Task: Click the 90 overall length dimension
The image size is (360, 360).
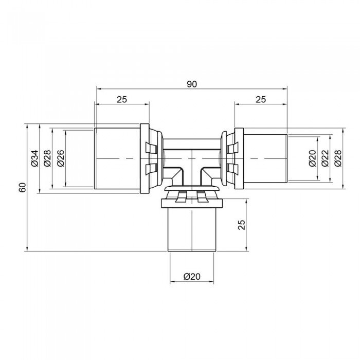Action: [192, 84]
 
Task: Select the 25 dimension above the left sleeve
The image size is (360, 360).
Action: [121, 100]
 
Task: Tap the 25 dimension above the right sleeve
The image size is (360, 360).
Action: [261, 100]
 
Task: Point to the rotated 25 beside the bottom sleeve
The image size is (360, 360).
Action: [242, 225]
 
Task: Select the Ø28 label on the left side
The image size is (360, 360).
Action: [47, 158]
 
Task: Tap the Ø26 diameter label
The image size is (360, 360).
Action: [60, 158]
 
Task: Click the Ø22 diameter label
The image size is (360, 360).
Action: [325, 158]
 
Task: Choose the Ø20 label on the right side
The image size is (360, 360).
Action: [313, 158]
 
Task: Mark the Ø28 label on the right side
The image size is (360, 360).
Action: [338, 158]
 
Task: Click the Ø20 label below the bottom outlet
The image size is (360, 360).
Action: [192, 277]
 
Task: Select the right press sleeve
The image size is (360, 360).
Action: [265, 157]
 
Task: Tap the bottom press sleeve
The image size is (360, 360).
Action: [192, 229]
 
